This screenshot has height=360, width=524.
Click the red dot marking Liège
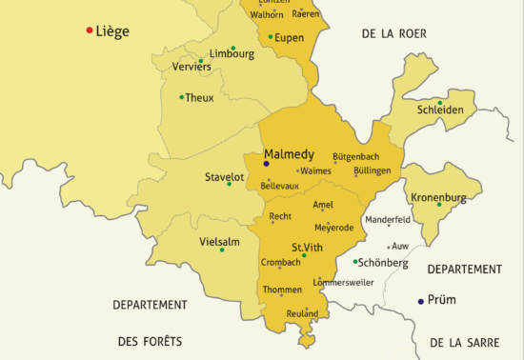(x=90, y=30)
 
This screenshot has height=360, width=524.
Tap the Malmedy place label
(x=289, y=153)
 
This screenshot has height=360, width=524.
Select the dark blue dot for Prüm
(x=421, y=301)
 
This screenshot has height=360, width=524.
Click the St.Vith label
(x=308, y=246)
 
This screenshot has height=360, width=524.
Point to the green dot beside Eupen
(x=271, y=37)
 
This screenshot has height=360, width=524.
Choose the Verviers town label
(x=191, y=69)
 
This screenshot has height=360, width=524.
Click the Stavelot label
(x=225, y=177)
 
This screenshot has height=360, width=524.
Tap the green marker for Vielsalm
(x=222, y=250)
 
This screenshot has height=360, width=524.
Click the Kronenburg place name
(x=439, y=197)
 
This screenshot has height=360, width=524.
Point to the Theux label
(x=200, y=97)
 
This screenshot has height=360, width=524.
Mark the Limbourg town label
(x=232, y=54)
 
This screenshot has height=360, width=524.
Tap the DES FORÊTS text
(x=150, y=340)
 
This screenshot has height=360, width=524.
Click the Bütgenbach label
(x=355, y=155)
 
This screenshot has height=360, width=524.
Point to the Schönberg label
(x=384, y=263)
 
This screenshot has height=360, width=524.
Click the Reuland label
(x=302, y=313)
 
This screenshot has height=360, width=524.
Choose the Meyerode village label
(x=333, y=228)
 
